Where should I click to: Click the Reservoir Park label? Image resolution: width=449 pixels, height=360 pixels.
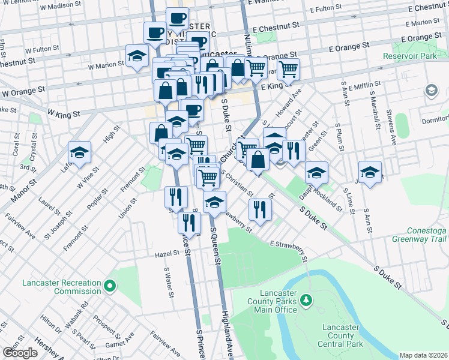[411, 56]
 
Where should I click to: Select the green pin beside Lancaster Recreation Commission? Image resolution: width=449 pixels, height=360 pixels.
[109, 287]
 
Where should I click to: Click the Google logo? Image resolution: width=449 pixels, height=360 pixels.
[20, 353]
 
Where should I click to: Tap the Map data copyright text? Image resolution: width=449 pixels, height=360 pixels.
[424, 355]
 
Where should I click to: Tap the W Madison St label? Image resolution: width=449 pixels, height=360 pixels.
[61, 5]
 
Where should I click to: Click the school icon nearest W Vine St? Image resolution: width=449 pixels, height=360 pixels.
[79, 154]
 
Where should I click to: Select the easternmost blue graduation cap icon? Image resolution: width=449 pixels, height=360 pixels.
[370, 173]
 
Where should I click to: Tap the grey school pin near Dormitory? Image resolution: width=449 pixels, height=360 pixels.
[431, 91]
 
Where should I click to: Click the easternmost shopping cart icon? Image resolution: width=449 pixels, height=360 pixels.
[288, 70]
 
